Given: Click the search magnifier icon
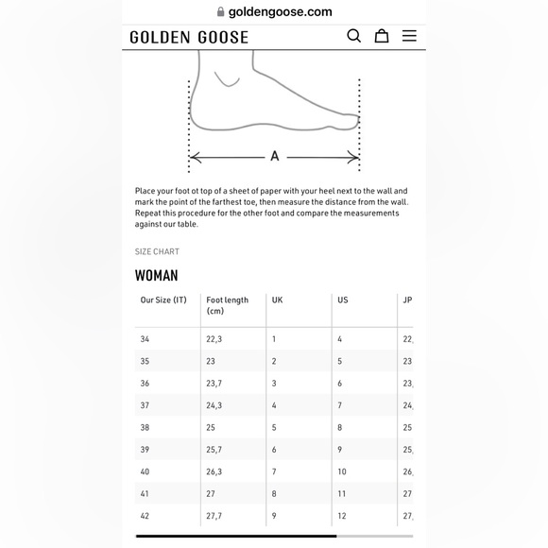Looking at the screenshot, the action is point(354,36).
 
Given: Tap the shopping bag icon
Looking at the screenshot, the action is point(382,36).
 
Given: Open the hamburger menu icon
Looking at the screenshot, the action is point(409,36).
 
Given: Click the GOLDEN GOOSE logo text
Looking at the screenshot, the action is point(189,38).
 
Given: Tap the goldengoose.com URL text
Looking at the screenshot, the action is point(281,11).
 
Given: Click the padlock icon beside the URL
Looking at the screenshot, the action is point(221,11).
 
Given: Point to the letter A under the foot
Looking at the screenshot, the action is point(275,156).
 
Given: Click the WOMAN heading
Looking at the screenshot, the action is point(157,276).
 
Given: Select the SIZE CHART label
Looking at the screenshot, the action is point(157,251).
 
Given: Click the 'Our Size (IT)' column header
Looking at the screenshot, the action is point(163,300).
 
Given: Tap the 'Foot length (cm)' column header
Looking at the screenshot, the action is point(228,305).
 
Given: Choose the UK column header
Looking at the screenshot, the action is point(278,300).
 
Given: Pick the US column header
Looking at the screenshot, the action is point(343,300).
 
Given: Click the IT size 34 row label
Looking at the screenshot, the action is point(145,339).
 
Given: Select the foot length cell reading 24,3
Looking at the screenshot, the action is point(214,405).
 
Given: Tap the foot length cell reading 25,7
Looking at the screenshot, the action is point(214,450).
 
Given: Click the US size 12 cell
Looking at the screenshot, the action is point(342,516).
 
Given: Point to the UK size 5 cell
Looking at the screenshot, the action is point(274,427).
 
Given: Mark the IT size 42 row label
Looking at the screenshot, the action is point(145,516).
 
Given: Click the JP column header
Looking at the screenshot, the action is point(407,300).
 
